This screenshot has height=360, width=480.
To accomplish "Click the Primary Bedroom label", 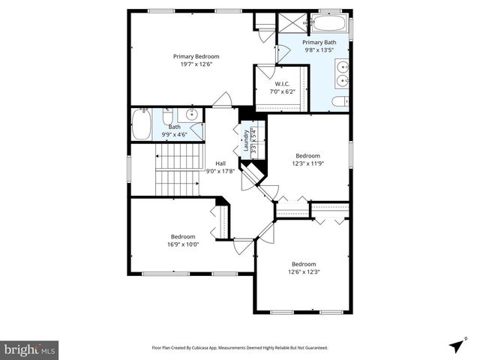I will click(196, 56).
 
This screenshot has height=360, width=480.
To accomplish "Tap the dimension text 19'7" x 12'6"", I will click(196, 64).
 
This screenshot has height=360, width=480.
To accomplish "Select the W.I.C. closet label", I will click(282, 84).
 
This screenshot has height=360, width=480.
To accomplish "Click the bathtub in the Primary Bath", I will click(328, 23).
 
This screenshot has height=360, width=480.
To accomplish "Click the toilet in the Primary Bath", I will click(339, 101).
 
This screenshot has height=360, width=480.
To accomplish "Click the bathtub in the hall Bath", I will click(141, 125).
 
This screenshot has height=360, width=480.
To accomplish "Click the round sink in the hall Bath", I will click(191, 115).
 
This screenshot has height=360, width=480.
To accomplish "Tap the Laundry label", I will click(245, 139).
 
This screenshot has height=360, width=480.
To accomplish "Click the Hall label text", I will click(220, 163).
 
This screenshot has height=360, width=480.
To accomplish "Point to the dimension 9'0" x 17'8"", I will click(220, 171).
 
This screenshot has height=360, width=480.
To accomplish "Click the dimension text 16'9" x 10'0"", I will click(183, 244).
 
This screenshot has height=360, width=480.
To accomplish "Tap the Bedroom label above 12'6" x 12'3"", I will click(304, 264).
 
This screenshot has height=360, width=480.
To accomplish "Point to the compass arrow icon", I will click(456, 346).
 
